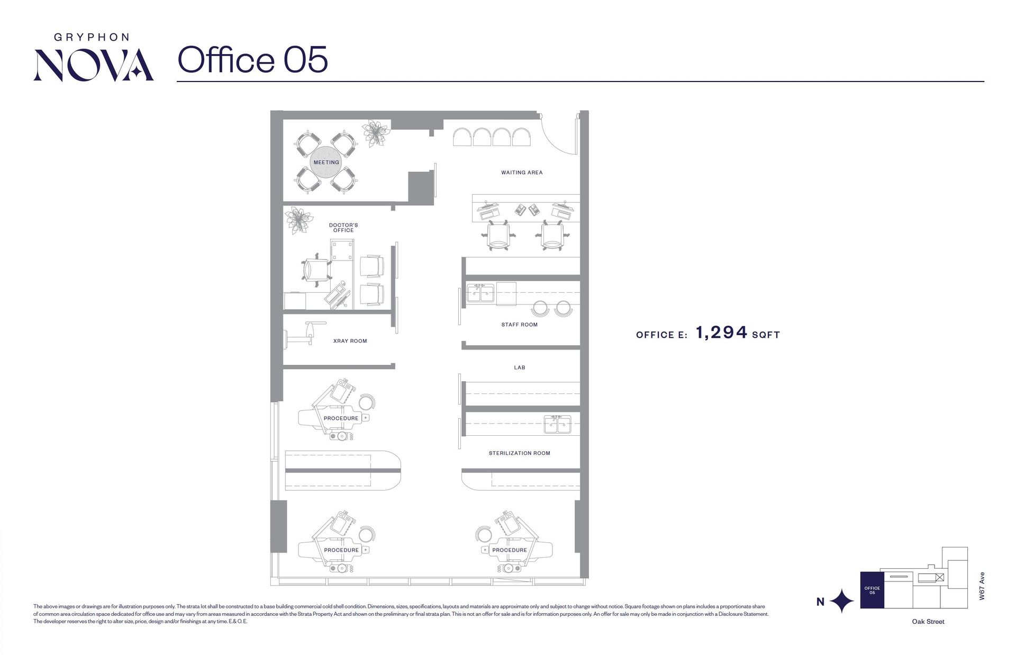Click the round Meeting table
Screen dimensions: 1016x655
326,162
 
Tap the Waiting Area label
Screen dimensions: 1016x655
522,173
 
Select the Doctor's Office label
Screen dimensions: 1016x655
343,228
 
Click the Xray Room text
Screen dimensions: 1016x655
350,341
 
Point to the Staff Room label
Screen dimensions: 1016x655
519,325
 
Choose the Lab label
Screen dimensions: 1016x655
520,367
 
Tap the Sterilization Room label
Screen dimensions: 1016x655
519,453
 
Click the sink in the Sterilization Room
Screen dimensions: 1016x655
557,424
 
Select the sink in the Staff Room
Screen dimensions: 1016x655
480,293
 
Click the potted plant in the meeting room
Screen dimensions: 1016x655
376,133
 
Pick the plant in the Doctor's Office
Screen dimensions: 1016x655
298,220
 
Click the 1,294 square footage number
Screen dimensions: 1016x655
721,333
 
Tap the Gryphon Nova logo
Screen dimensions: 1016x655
94,57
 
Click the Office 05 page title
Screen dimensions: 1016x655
252,59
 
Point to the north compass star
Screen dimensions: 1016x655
841,601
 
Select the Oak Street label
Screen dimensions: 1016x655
928,622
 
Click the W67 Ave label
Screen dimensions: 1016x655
982,586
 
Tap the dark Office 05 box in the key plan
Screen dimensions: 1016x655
872,590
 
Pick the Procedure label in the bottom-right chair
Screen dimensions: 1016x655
510,550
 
